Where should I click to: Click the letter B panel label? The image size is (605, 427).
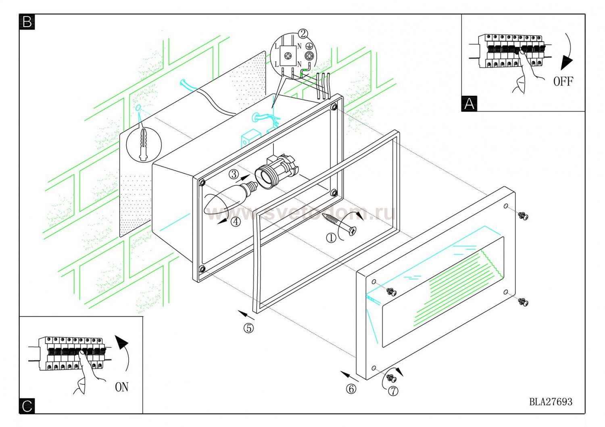pyautogui.click(x=27, y=22)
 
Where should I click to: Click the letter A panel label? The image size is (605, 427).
pyautogui.click(x=469, y=104)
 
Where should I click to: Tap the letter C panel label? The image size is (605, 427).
pyautogui.click(x=27, y=406)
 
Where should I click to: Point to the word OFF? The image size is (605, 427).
pyautogui.click(x=563, y=81)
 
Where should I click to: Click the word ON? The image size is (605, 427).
pyautogui.click(x=122, y=387)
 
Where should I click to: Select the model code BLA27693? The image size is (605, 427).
pyautogui.click(x=551, y=401)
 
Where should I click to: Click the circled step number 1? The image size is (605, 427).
pyautogui.click(x=331, y=238)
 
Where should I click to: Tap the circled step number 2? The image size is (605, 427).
pyautogui.click(x=303, y=33)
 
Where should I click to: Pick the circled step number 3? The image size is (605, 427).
pyautogui.click(x=233, y=174)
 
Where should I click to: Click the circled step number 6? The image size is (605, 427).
pyautogui.click(x=351, y=389)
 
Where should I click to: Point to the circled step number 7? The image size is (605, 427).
pyautogui.click(x=393, y=390)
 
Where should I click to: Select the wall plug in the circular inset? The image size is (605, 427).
pyautogui.click(x=143, y=145)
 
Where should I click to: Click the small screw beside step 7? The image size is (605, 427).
pyautogui.click(x=390, y=377)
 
